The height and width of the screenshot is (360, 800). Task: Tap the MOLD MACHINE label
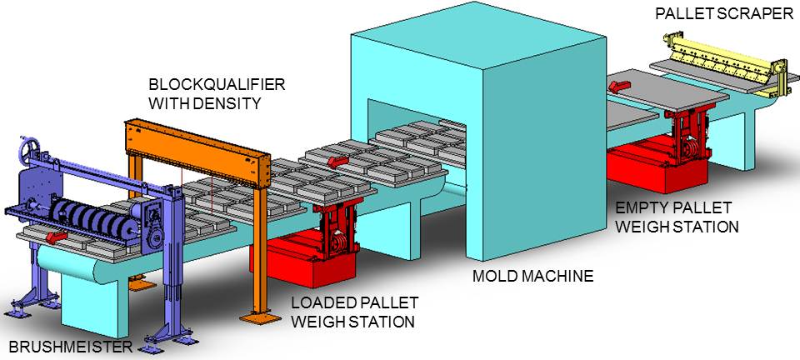click(533, 275)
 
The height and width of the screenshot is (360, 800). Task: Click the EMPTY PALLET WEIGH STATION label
click(676, 217)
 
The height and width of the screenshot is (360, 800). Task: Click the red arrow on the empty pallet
click(620, 83)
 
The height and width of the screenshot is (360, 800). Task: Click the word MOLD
click(499, 275)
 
